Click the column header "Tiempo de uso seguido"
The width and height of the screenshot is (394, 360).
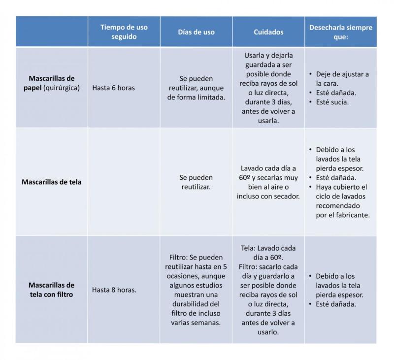(x=124, y=32)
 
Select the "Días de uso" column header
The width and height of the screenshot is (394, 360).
(x=196, y=32)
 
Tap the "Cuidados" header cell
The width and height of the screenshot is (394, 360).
(x=268, y=32)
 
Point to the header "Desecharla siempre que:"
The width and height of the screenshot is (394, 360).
(x=340, y=32)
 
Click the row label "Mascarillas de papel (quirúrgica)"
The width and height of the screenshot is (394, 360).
(x=52, y=83)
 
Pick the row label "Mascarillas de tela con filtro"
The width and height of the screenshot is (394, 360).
(x=52, y=290)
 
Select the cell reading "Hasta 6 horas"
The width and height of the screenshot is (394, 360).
(x=113, y=88)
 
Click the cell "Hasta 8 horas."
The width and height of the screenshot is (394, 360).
(x=114, y=290)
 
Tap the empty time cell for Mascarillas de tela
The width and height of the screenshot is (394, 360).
(x=124, y=182)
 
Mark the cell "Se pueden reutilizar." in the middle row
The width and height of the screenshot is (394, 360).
(x=196, y=182)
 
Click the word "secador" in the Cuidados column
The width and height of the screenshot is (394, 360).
(x=285, y=196)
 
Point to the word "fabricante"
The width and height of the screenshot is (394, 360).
(x=350, y=215)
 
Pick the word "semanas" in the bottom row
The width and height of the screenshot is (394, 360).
(x=208, y=323)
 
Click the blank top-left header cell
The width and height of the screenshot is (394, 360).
(x=52, y=32)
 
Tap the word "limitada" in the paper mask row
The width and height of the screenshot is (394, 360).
(x=210, y=97)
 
